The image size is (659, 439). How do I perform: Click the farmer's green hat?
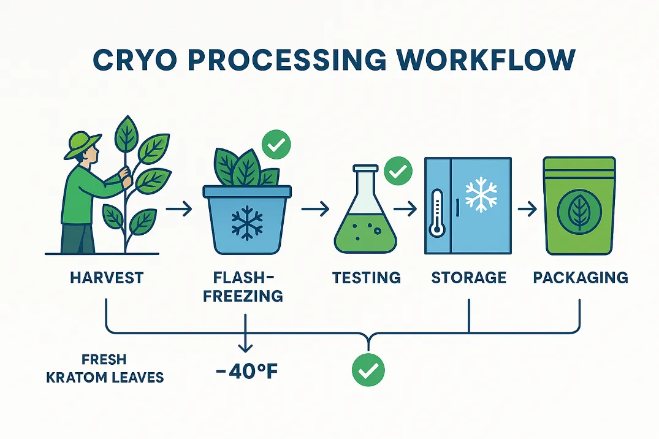(82, 145)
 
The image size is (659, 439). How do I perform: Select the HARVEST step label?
(107, 278)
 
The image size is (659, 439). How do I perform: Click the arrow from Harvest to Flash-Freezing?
(179, 208)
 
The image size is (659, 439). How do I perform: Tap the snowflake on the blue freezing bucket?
(247, 221)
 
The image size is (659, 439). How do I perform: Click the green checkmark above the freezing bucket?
(276, 145)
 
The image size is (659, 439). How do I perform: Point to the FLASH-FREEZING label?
(243, 287)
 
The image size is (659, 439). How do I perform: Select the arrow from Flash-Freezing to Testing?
(315, 208)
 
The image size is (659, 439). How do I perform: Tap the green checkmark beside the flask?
(398, 170)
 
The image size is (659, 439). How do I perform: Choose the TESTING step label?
(367, 278)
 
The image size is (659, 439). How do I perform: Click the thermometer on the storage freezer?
(436, 213)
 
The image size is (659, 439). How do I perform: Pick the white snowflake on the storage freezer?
(481, 194)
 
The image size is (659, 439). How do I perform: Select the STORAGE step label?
(469, 278)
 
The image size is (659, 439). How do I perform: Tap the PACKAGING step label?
(581, 278)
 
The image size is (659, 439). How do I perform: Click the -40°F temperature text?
(246, 372)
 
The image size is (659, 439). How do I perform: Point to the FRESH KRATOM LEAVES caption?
(105, 368)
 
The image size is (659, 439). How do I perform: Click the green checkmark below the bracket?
(368, 370)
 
